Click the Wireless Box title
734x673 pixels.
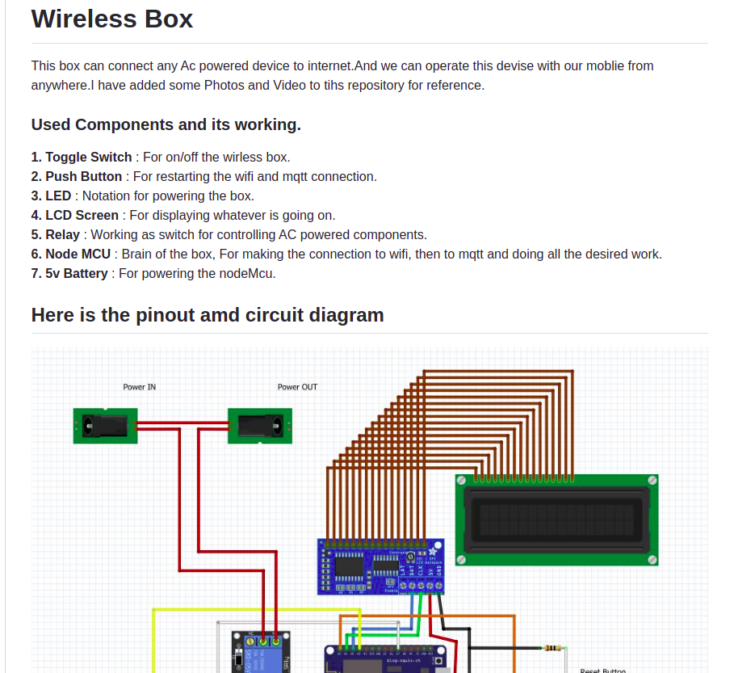point(112,19)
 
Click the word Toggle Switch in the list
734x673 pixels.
point(88,157)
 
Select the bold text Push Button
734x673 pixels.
point(83,176)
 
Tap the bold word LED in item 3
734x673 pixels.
point(58,196)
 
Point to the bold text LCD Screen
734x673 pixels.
point(82,215)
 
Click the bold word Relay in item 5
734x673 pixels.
point(62,234)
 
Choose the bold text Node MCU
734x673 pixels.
point(78,254)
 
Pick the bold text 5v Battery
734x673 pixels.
point(76,273)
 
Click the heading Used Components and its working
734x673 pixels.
point(166,124)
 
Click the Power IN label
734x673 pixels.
point(140,387)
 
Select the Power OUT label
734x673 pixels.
point(297,387)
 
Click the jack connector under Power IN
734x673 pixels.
point(105,425)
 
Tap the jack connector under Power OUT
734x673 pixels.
point(259,425)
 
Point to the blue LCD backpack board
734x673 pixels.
point(380,566)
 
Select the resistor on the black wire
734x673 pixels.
point(553,648)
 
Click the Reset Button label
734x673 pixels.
point(602,670)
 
